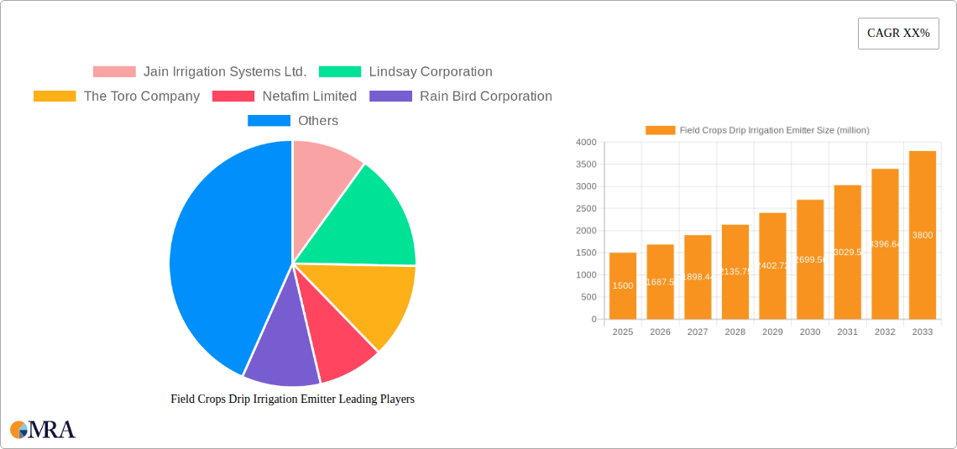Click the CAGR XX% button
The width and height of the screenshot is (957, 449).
point(898,34)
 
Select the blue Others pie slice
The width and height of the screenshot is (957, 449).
point(218,260)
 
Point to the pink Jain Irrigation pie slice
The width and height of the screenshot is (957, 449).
point(323,168)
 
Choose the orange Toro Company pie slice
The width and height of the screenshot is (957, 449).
point(378,298)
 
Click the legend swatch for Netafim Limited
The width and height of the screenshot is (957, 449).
point(233,97)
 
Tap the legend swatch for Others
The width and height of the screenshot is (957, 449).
point(269,121)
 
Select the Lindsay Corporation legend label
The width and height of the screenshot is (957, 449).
point(431,72)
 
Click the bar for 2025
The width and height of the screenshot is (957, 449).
point(623,286)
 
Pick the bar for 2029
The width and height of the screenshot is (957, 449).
point(772,266)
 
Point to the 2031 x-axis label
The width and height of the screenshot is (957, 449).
point(847,332)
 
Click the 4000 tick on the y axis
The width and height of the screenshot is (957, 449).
point(586,143)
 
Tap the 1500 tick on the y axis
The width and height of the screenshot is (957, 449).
point(586,253)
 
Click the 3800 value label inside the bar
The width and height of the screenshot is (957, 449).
point(923,235)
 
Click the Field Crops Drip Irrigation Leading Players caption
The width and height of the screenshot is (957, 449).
point(292,399)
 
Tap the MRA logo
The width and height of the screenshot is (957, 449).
point(43,430)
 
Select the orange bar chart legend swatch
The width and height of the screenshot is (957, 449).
point(660,130)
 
